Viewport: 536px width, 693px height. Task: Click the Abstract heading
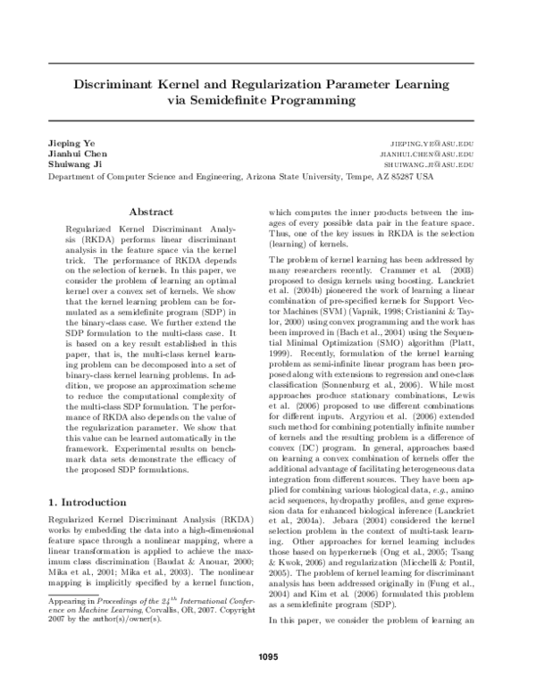(150, 213)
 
